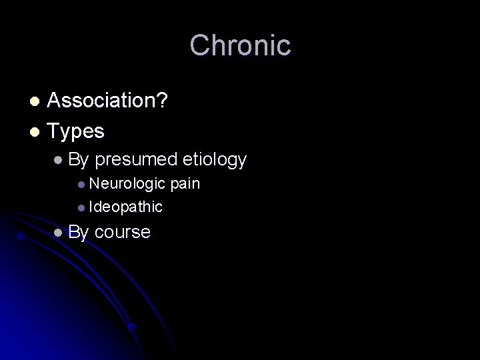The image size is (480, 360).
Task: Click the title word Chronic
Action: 240,45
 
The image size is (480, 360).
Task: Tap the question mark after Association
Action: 162,101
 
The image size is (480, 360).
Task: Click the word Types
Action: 76,131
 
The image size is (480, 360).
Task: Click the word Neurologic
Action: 127,184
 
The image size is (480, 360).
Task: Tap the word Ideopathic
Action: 125,207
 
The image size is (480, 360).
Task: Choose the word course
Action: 123,232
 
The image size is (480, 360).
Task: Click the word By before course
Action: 79,232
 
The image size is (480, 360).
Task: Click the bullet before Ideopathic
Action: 81,207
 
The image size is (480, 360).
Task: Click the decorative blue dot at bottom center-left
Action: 132,327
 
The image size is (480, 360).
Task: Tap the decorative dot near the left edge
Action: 21,235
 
